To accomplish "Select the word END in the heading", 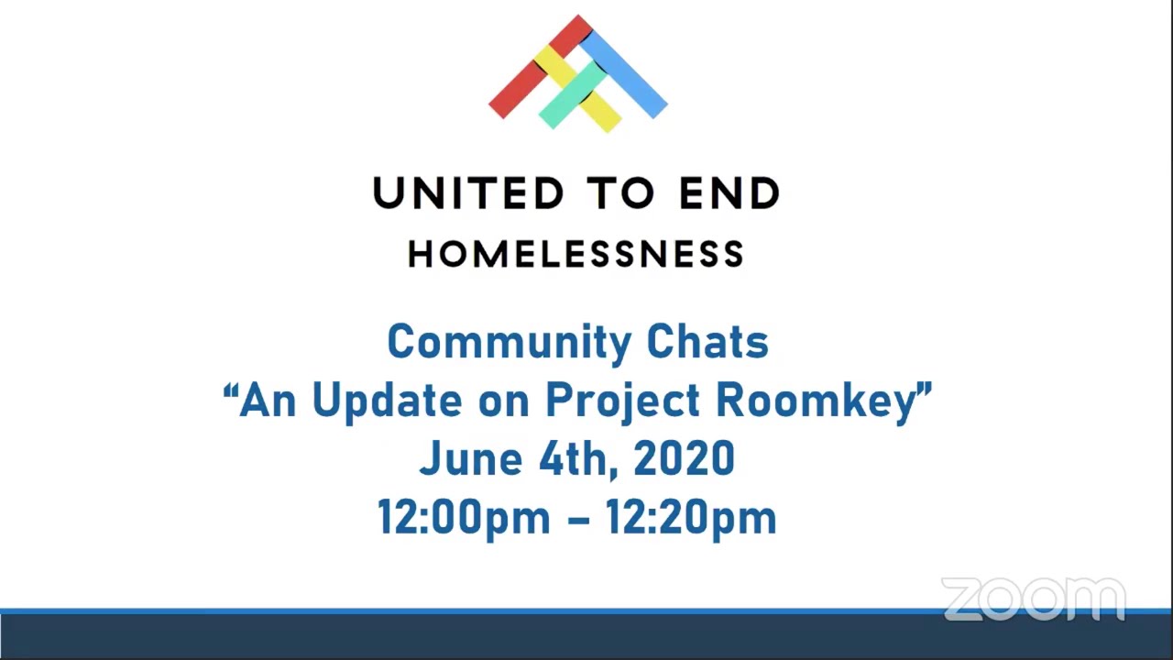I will click(729, 193).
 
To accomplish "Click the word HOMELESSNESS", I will click(576, 255).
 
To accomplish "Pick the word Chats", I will click(707, 342).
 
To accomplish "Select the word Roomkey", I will click(816, 401).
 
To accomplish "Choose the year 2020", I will click(684, 458).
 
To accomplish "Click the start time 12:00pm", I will click(464, 518).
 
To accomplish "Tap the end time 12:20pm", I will click(691, 518).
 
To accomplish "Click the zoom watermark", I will click(1033, 599).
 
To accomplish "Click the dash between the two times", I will click(578, 519).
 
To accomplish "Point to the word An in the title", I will click(266, 401).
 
